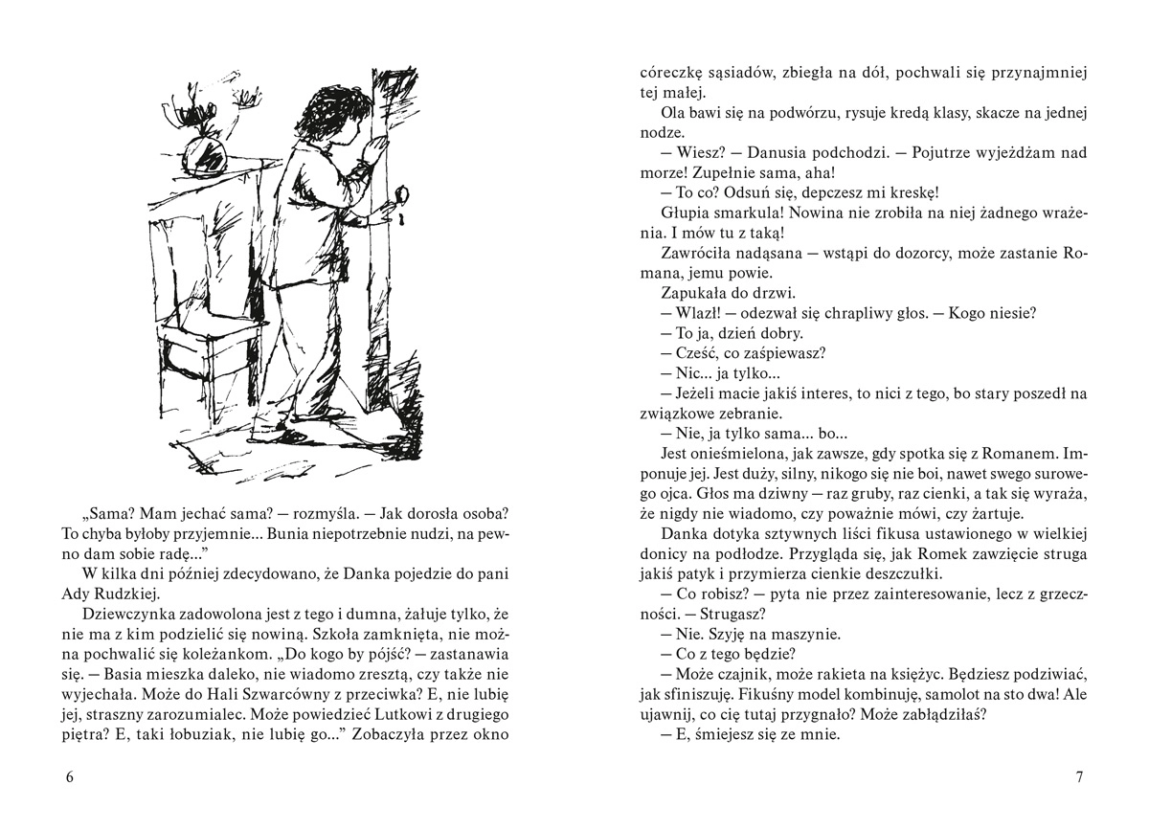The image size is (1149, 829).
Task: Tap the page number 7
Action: (x=1079, y=776)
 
